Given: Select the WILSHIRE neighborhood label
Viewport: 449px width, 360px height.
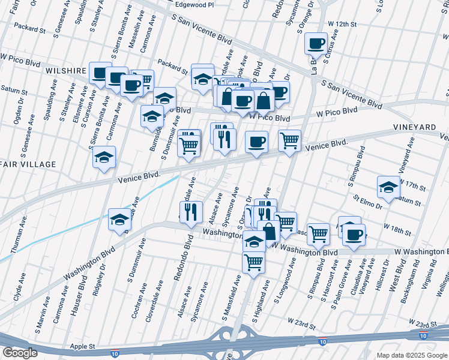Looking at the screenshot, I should tap(65, 71).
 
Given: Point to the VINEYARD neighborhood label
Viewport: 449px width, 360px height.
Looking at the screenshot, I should tap(415, 128).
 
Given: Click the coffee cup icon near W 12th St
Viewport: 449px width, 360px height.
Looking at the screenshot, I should tap(316, 43).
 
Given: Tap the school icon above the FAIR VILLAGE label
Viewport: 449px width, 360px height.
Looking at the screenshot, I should tap(104, 157).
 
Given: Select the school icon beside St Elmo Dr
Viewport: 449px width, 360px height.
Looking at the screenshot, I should tap(388, 187).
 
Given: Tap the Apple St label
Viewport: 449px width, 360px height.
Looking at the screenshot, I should tap(83, 346).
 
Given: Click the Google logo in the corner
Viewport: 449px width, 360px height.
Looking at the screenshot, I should tap(20, 353).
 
